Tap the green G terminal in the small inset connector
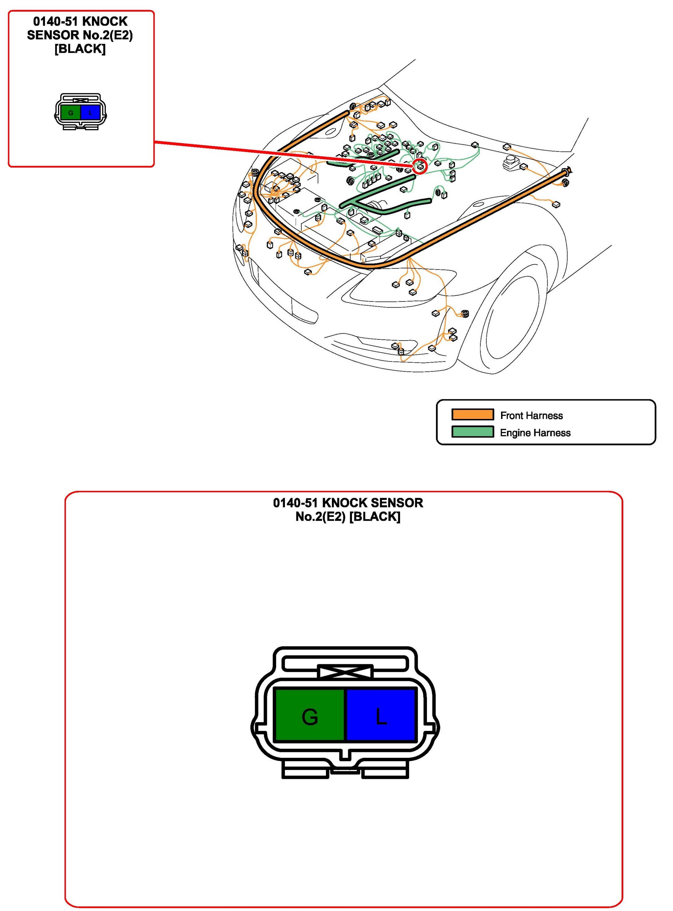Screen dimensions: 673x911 click(x=71, y=113)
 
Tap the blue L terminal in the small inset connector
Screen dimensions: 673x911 click(x=90, y=113)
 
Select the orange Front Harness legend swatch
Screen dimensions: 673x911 click(x=473, y=414)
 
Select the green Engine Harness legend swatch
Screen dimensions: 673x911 click(x=473, y=432)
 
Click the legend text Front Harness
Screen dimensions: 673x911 click(x=531, y=416)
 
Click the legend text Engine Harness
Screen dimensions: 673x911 click(x=535, y=433)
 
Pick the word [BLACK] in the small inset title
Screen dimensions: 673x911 click(x=80, y=49)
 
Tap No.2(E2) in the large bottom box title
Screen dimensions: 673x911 click(x=321, y=517)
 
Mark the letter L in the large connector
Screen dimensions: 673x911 click(x=381, y=717)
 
